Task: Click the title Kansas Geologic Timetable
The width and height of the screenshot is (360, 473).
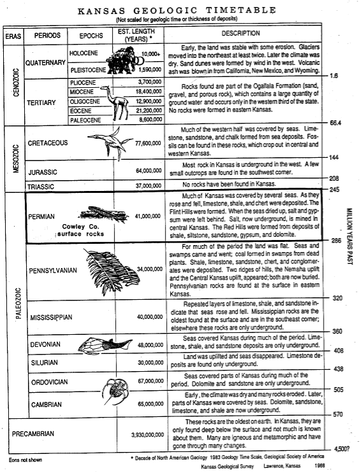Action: (177, 11)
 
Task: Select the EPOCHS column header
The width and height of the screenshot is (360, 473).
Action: (91, 36)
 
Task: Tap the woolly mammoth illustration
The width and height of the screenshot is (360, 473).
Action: (123, 60)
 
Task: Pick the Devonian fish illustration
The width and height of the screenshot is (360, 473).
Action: (105, 344)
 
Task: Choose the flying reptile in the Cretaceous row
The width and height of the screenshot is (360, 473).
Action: (110, 142)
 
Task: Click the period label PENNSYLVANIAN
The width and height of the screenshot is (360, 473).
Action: (53, 271)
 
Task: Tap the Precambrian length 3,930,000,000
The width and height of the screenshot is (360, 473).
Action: (147, 435)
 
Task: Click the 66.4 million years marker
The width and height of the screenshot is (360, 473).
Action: (336, 122)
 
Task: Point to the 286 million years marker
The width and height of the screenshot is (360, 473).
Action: (335, 241)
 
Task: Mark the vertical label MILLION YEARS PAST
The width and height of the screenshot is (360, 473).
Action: (349, 236)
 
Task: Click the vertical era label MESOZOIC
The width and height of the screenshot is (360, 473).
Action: (16, 159)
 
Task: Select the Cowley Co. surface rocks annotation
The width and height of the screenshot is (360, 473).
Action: (80, 230)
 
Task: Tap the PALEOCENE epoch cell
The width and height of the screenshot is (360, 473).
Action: (85, 120)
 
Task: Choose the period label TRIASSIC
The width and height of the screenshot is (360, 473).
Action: (41, 187)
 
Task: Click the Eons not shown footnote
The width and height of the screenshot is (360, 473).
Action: (25, 460)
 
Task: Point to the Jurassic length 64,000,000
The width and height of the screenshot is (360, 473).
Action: (148, 171)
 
